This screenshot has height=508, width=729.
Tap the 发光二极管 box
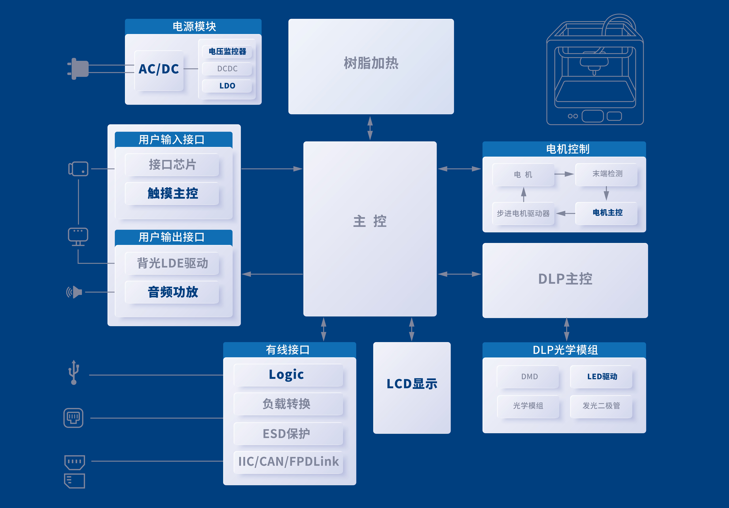[x=601, y=406]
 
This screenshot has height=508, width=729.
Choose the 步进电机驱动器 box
[x=523, y=213]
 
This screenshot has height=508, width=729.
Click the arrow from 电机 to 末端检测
[x=564, y=174]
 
